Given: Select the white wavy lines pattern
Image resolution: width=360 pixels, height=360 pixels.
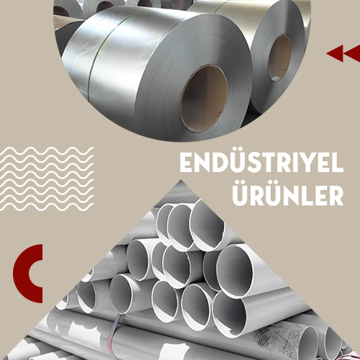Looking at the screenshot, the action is [47, 179].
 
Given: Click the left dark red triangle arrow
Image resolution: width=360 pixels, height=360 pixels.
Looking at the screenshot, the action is [335, 53].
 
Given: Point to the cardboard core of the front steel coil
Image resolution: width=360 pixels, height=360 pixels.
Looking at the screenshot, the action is [204, 99].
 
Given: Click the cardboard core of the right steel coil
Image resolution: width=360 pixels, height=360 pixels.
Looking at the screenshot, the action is [279, 58].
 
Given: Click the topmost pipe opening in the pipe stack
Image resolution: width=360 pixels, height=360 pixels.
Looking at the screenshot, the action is [207, 225].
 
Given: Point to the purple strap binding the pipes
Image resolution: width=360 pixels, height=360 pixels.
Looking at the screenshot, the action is [114, 333].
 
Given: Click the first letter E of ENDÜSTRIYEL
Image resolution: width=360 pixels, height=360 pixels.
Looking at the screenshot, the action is [186, 163].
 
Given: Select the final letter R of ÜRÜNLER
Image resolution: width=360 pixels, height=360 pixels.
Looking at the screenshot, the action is [336, 197].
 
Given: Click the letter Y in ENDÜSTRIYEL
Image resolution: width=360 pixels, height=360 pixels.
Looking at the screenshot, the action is [309, 163].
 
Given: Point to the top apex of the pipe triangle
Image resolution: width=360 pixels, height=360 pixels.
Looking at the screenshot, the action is [181, 180].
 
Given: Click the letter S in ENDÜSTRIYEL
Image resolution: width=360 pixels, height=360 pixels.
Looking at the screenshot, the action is [258, 163].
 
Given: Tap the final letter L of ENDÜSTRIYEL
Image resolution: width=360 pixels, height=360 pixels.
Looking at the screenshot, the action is [338, 163].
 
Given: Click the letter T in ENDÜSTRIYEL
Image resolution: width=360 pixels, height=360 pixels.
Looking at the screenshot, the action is [272, 163].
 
